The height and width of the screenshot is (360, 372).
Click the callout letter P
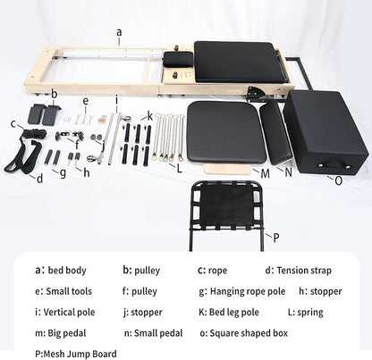[x=276, y=237]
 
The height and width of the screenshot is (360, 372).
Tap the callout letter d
[x=39, y=177]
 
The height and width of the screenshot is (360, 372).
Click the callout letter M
[x=265, y=172]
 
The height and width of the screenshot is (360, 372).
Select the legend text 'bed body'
[x=69, y=269]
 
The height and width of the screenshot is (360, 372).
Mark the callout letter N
[x=289, y=172]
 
